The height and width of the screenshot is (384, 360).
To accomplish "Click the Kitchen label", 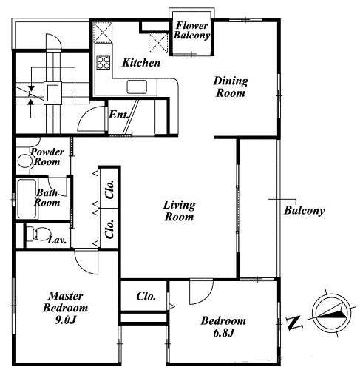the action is [x=141, y=63].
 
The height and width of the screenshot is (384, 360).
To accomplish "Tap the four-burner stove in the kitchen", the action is [x=103, y=63].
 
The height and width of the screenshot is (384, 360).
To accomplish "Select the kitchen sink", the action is [x=137, y=87].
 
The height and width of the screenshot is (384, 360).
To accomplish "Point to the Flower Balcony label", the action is [x=191, y=30].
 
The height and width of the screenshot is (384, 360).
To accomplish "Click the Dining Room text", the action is [x=231, y=87].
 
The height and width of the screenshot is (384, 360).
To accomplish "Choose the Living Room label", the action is [x=179, y=211].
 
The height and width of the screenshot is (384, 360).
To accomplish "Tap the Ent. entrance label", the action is [x=119, y=115].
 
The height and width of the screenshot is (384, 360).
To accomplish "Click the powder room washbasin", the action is [x=25, y=161].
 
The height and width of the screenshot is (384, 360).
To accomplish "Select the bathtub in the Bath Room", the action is [x=27, y=199].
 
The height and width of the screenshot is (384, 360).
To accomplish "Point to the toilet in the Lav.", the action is [x=38, y=234].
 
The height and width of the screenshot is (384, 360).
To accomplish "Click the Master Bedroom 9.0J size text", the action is [x=66, y=320].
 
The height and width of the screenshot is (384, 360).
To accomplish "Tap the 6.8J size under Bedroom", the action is [x=223, y=333].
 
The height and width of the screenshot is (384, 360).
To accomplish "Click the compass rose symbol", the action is [x=331, y=313].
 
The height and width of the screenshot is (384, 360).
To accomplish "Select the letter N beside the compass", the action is [x=294, y=323].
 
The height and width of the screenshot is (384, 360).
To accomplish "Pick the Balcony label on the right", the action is [x=305, y=210].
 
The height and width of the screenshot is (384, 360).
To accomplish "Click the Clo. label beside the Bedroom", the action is [x=146, y=296].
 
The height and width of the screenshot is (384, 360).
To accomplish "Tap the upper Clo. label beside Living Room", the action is [x=109, y=189].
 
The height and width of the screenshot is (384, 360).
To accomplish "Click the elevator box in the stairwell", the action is [x=52, y=92].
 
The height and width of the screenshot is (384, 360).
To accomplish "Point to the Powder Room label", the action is [x=47, y=157].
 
